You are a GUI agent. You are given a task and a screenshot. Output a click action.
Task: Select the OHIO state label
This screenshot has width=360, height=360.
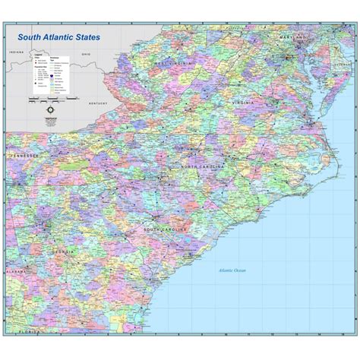point(86,55)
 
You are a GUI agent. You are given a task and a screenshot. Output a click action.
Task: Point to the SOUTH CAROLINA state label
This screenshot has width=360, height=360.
point(163,229)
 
